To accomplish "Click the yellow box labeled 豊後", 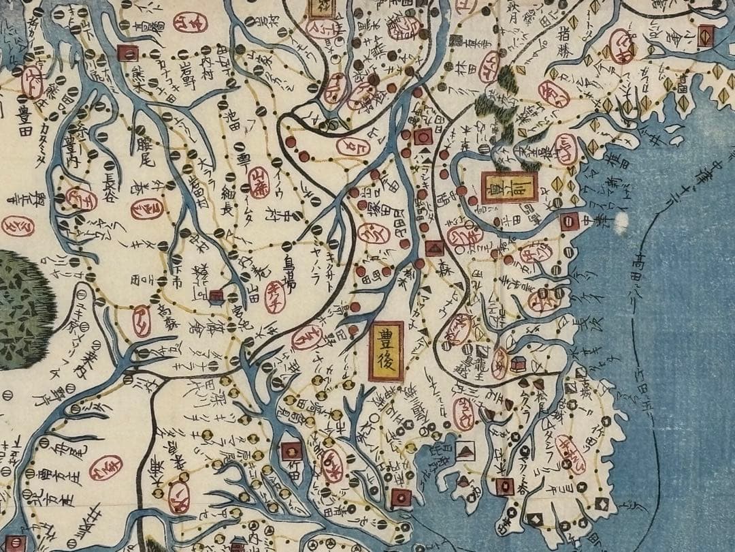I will point(387,352).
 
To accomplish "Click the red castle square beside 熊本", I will point(127,52).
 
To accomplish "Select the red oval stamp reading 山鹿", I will point(258,183).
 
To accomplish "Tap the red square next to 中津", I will point(570,221).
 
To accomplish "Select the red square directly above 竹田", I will point(291,450).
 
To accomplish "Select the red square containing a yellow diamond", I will point(706,35).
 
